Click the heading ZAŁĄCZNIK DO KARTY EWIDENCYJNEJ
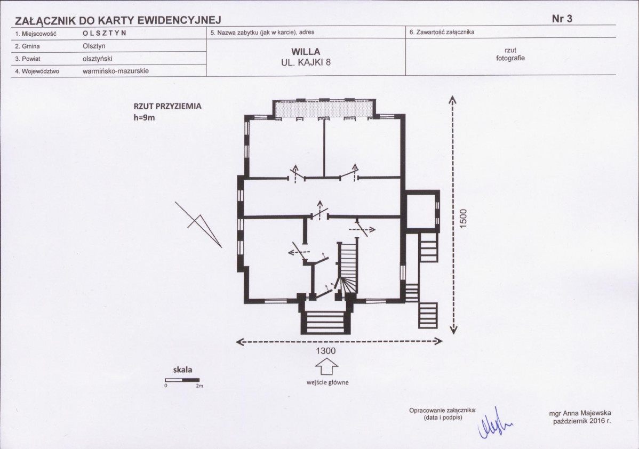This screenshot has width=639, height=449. (x=118, y=20)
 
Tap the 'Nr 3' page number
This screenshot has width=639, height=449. (x=562, y=19)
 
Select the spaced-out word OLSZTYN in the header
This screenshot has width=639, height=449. (x=105, y=33)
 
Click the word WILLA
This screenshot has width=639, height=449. (x=306, y=52)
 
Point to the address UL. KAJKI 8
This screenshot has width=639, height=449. (x=306, y=62)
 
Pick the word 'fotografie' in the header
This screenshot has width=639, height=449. (x=510, y=58)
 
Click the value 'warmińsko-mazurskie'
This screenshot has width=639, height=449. (x=116, y=71)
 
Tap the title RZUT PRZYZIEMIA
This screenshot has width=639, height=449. (x=167, y=106)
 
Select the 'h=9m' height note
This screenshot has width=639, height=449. (x=144, y=118)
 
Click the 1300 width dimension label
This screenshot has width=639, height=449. (x=325, y=351)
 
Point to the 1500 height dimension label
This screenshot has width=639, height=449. (x=463, y=219)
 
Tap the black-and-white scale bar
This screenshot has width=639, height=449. (x=182, y=380)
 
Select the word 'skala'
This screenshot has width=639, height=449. (x=182, y=370)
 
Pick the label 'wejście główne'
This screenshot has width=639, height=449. (x=328, y=382)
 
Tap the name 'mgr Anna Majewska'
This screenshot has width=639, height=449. (x=580, y=414)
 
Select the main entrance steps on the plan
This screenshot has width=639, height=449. (x=325, y=322)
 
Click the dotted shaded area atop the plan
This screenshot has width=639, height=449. (x=324, y=108)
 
